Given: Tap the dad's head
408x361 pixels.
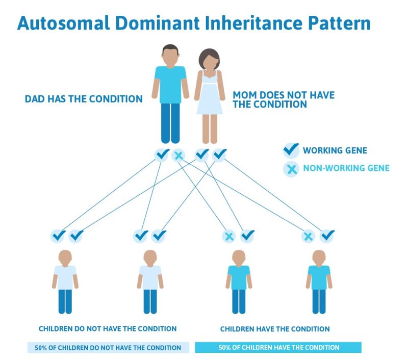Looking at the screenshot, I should coord(170,55).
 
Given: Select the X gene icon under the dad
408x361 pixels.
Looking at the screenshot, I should coord(178,154).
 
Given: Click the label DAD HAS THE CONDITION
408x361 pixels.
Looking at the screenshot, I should coord(84,99).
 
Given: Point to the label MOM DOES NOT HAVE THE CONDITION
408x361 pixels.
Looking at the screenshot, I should coord(284,99).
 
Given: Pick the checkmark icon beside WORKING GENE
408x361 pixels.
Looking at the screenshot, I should coord(291,150).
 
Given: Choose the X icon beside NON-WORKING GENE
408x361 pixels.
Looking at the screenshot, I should coord(291,168).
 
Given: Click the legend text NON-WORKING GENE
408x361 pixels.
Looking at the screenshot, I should coord(345,168).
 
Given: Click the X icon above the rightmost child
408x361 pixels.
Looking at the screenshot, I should coord(308,236).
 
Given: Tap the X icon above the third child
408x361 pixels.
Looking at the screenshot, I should coord(229,236).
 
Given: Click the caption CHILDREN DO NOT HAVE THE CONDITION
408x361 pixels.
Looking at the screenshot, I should coord(108,329).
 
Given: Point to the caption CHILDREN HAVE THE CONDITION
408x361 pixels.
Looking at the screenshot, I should coord(275,329).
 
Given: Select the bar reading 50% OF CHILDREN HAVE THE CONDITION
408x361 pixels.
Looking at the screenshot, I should coord(278,348).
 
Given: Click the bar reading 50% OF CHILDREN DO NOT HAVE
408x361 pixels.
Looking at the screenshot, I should coord(108,348).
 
